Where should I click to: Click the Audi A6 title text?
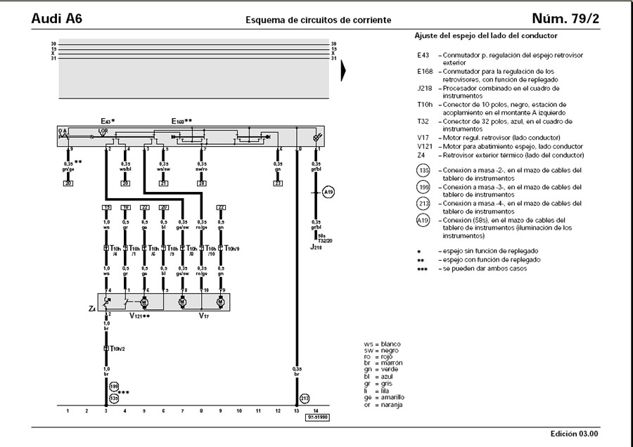click(x=57, y=18)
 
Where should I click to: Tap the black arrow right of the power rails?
click(x=344, y=71)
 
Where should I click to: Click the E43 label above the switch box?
click(x=107, y=121)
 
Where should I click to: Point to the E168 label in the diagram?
click(x=181, y=121)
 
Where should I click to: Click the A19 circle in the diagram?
click(x=328, y=192)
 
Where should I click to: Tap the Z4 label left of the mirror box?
click(x=93, y=308)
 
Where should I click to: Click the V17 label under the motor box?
click(x=204, y=316)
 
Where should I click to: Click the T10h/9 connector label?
click(x=231, y=249)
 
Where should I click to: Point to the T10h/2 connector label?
click(x=116, y=348)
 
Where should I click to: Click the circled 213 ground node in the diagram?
click(x=305, y=398)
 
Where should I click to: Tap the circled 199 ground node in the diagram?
click(x=114, y=386)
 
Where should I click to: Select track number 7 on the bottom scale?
click(x=182, y=410)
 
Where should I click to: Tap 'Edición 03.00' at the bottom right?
click(x=580, y=434)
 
